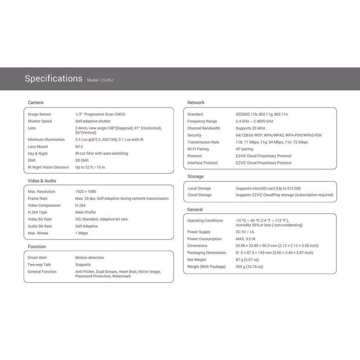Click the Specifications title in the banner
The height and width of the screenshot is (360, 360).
click(54, 78)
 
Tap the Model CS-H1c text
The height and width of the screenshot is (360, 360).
click(103, 80)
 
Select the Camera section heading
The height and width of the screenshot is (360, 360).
click(36, 103)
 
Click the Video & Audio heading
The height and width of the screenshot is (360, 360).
click(42, 180)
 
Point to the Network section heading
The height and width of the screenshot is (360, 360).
click(196, 103)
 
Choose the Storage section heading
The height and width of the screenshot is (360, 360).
click(195, 177)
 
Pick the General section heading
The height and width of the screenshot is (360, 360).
click(195, 210)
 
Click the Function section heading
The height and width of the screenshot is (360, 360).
click(37, 246)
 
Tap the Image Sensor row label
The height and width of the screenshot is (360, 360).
click(40, 115)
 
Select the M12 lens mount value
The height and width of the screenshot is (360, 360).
click(79, 147)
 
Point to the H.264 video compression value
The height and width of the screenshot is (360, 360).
click(80, 205)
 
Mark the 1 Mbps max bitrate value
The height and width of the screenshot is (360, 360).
click(82, 233)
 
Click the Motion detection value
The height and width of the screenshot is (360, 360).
click(90, 258)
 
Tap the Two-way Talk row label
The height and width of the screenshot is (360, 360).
click(39, 265)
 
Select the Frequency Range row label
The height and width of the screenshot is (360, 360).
click(202, 121)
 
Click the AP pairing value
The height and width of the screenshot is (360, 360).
click(244, 149)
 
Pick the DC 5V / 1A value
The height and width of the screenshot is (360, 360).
click(245, 232)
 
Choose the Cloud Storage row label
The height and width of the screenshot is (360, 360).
click(199, 195)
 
